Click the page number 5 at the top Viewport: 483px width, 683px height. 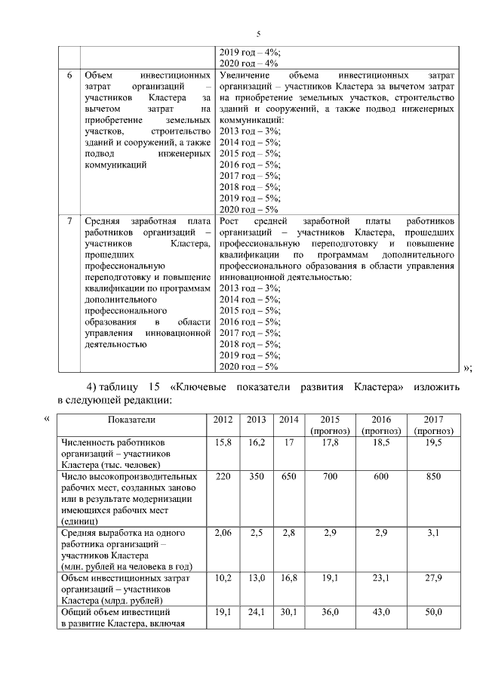click(258, 34)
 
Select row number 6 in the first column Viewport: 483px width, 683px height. click(69, 76)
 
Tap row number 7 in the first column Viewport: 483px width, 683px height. click(69, 221)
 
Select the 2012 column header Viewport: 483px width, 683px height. click(223, 419)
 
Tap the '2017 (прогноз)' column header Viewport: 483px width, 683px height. click(433, 424)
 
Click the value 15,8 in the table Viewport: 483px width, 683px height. click(223, 442)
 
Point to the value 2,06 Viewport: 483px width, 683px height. click(223, 534)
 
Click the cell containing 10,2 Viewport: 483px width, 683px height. click(223, 578)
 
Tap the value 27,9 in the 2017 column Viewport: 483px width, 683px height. click(433, 578)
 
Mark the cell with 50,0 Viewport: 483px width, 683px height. click(433, 612)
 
